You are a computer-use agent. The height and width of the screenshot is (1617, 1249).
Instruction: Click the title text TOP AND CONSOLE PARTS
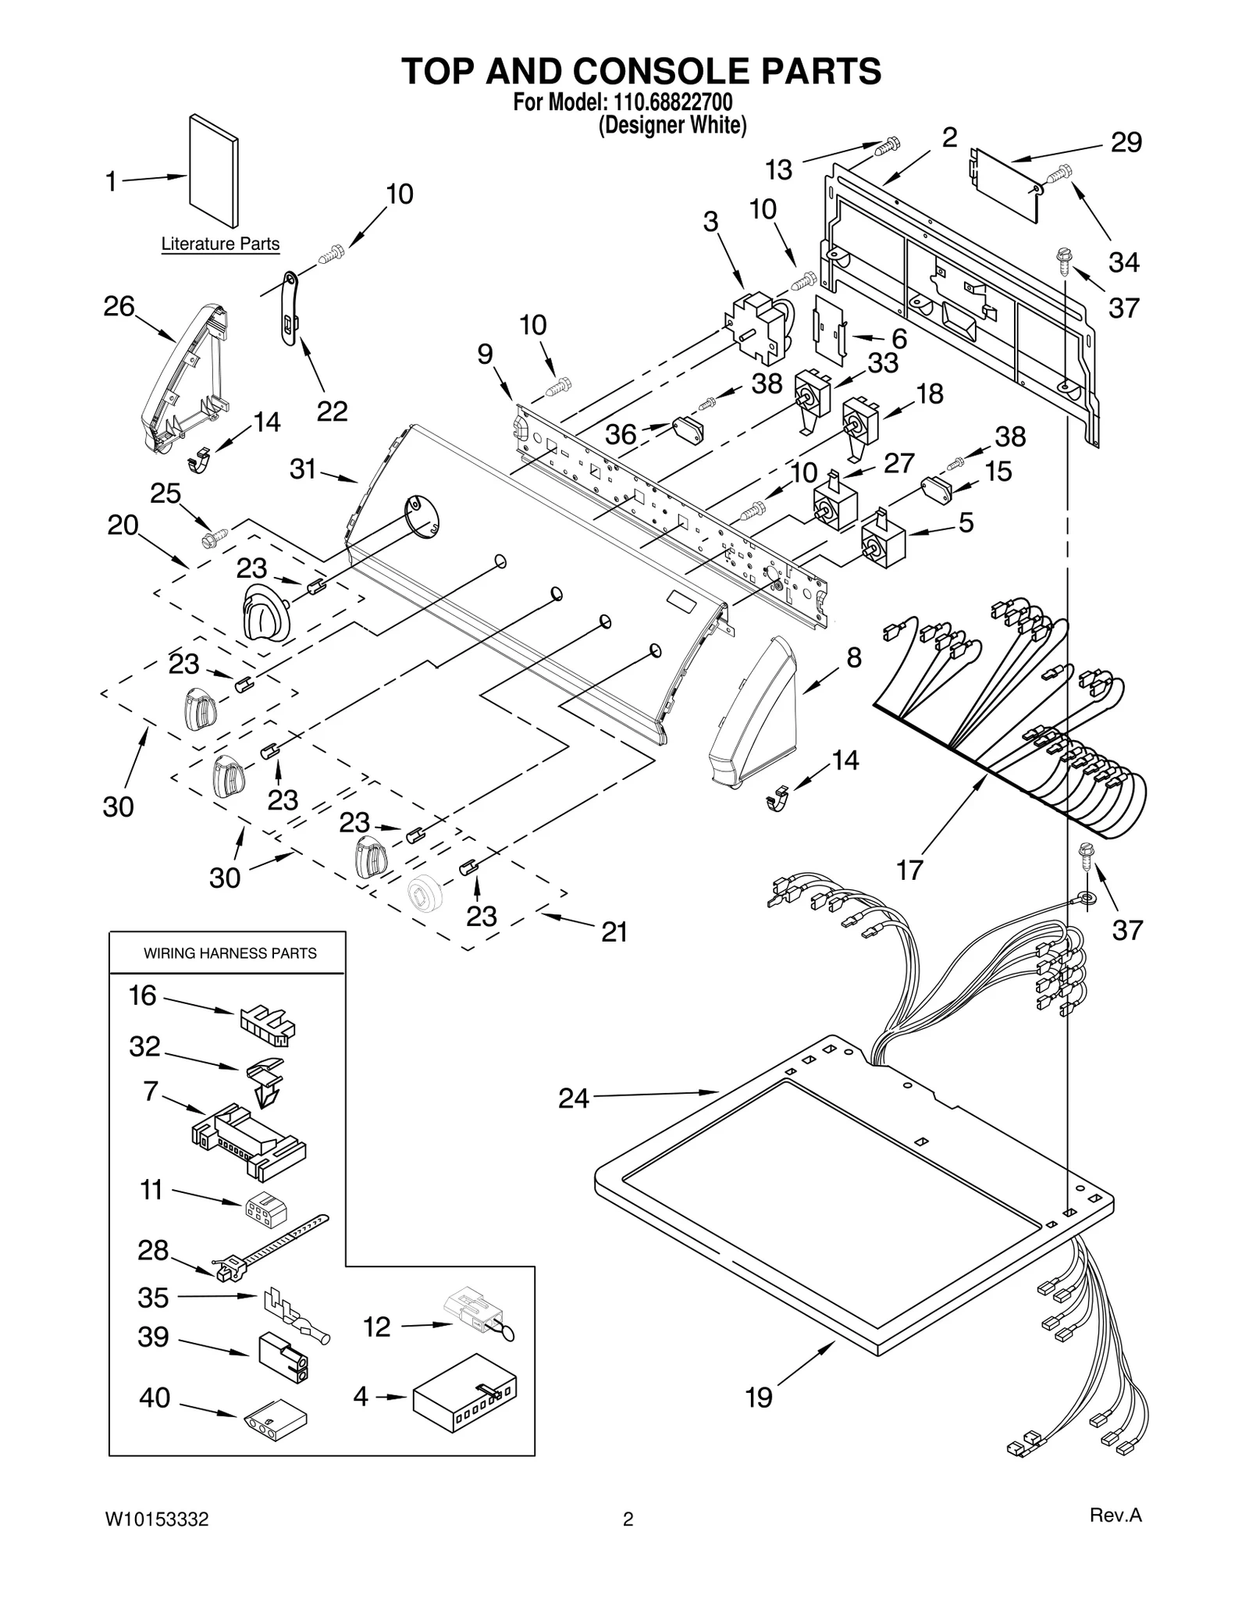tap(641, 71)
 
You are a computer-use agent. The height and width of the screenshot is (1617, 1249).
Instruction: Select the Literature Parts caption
tap(220, 244)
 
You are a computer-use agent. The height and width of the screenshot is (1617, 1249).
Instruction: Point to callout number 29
tap(1126, 143)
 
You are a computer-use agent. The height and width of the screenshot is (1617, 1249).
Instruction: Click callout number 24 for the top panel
tap(573, 1099)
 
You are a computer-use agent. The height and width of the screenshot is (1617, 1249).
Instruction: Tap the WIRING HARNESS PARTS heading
tap(230, 953)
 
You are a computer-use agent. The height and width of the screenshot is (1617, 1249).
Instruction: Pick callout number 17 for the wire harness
tap(909, 869)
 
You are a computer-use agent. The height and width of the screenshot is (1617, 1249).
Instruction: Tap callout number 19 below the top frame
tap(759, 1397)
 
